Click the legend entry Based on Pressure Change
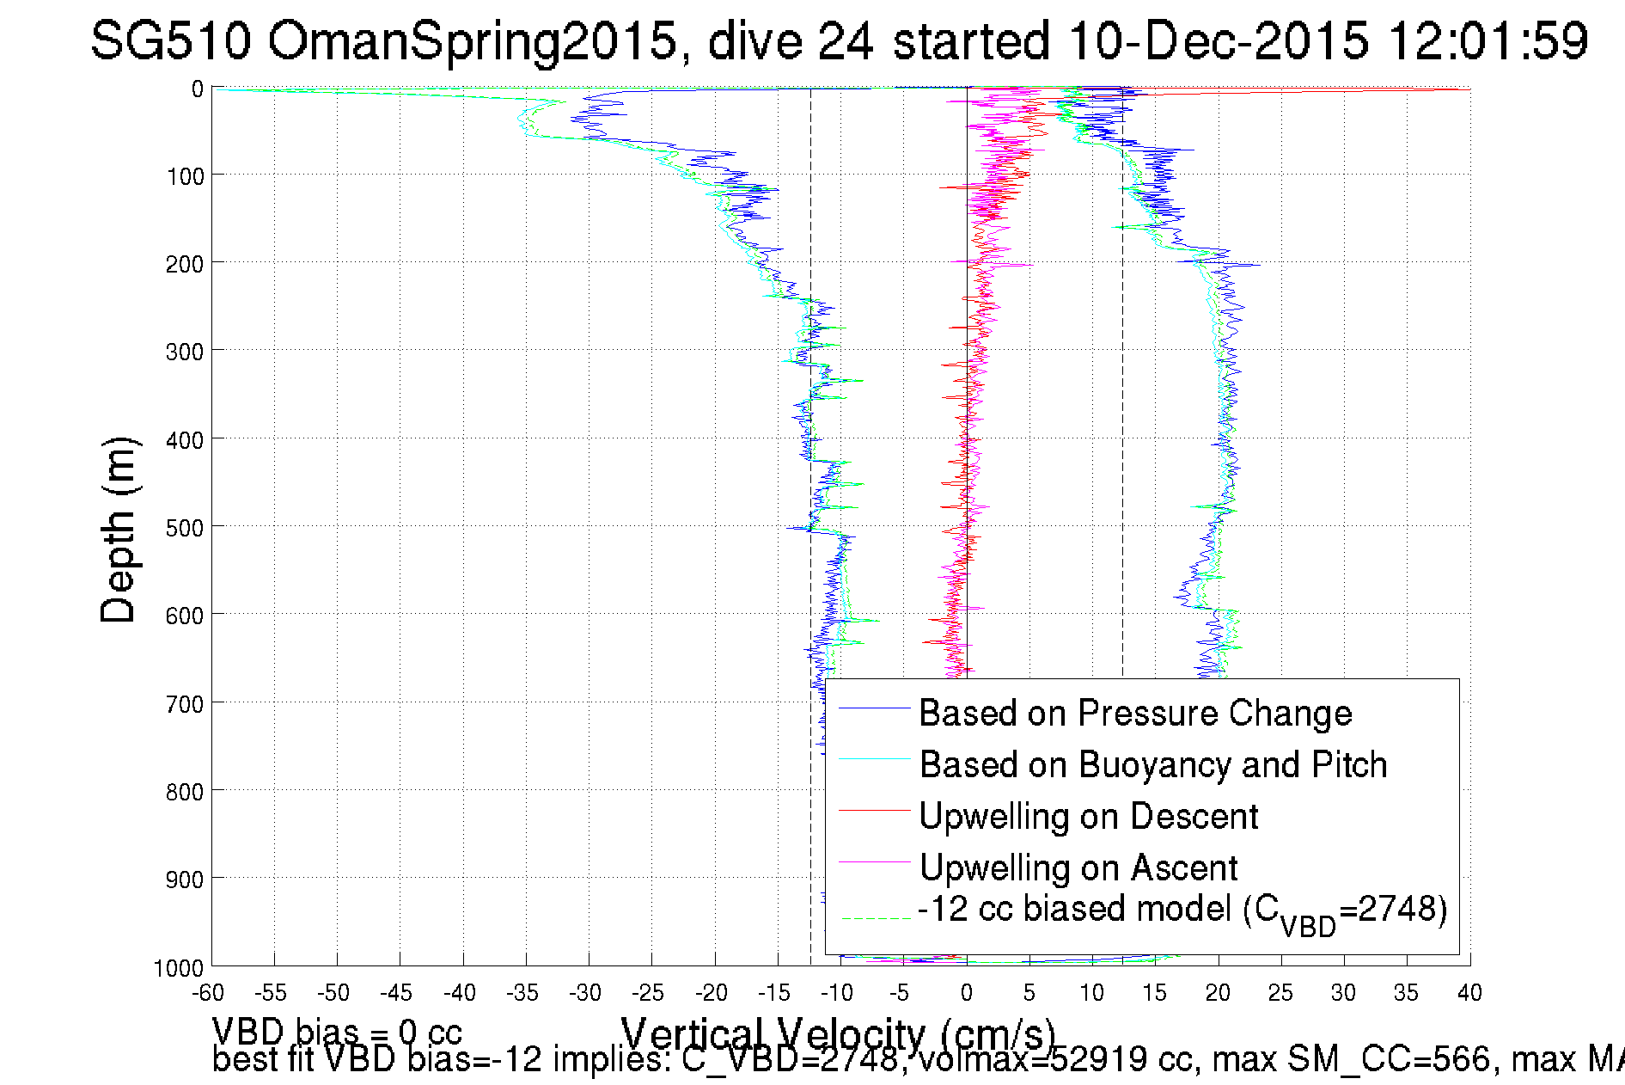[1135, 713]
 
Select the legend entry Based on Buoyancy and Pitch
[1152, 764]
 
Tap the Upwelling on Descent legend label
[1088, 816]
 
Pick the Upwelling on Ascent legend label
[1078, 867]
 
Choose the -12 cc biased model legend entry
[1182, 911]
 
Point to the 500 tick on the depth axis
[185, 527]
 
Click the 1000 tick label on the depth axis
[179, 968]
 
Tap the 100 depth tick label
[185, 177]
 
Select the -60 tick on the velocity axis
[208, 993]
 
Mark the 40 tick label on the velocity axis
[1469, 993]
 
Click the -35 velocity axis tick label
[522, 993]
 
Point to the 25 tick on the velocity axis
[1280, 993]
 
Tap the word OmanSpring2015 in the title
[472, 40]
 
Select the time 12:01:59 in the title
[1488, 40]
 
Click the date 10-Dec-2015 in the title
[1219, 40]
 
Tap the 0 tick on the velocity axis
[967, 993]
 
